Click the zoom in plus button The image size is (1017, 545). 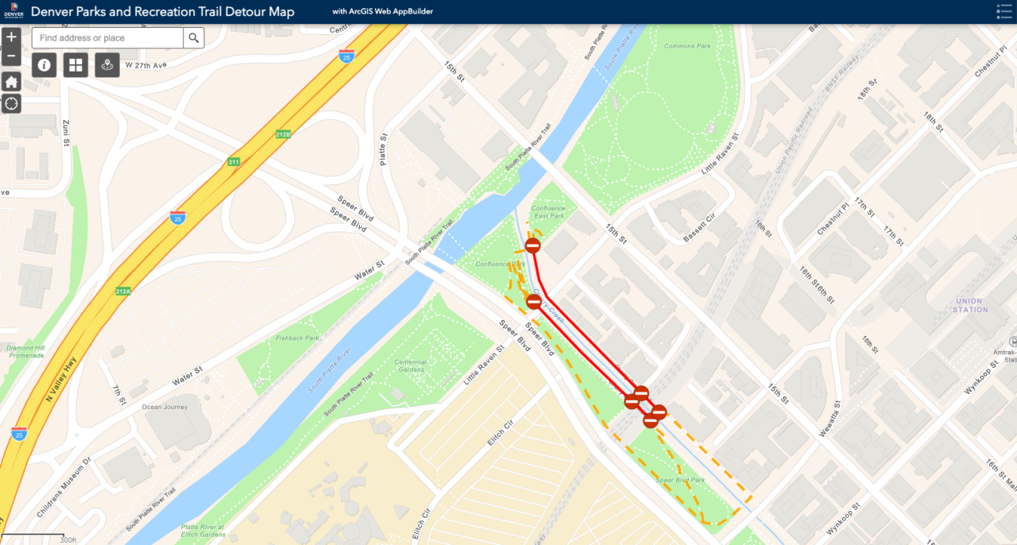[11, 37]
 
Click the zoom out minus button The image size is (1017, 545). [11, 56]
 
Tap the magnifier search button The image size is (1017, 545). [194, 38]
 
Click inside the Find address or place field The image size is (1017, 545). [107, 38]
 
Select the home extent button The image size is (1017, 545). [11, 82]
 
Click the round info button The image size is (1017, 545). [44, 65]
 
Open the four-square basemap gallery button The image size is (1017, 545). [76, 65]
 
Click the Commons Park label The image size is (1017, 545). [687, 46]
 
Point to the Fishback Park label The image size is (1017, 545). [297, 338]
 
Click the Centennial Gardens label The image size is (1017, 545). [411, 365]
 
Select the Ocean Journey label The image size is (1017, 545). [164, 408]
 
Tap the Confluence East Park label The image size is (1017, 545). [548, 212]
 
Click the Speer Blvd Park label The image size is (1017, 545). [680, 480]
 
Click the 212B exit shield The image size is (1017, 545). [283, 134]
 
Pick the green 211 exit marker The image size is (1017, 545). [234, 162]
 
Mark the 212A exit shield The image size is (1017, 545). [122, 292]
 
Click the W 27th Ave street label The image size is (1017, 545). [147, 65]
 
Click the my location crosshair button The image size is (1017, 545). [11, 103]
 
